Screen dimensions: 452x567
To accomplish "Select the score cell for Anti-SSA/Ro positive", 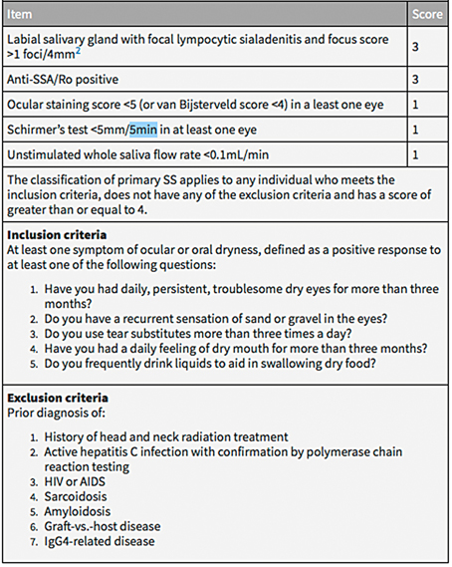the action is coord(416,78).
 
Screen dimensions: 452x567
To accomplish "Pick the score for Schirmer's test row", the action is coord(416,130).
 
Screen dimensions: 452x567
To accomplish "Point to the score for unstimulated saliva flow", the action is coord(416,154).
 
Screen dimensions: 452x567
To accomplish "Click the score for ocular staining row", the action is coord(416,104).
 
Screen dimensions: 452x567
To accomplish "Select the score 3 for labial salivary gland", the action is coord(416,45).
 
